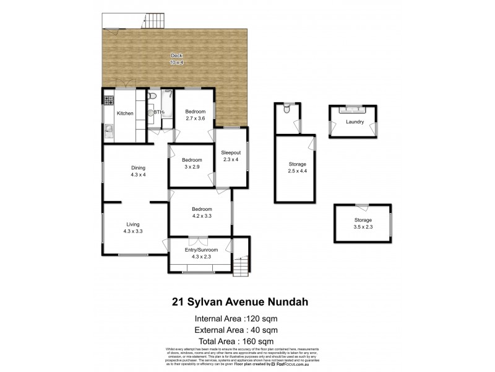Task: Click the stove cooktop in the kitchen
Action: click(x=109, y=99)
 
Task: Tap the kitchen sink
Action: click(x=109, y=131)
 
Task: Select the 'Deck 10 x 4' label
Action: click(x=176, y=58)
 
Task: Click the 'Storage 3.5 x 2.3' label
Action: click(x=363, y=224)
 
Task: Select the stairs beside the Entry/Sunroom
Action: click(x=242, y=265)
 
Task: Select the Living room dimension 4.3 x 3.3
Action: click(x=134, y=232)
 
